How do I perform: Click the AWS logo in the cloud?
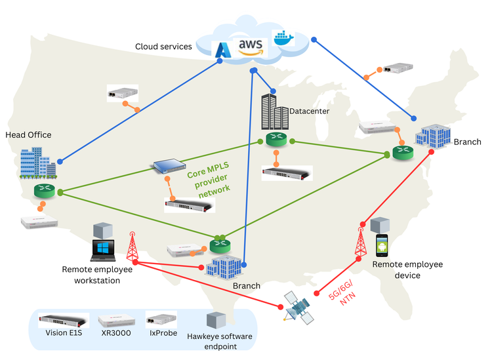pyautogui.click(x=250, y=45)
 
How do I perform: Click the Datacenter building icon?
pyautogui.click(x=274, y=111)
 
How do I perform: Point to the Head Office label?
pyautogui.click(x=28, y=135)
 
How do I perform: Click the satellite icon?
pyautogui.click(x=297, y=307)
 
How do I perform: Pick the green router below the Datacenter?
pyautogui.click(x=277, y=139)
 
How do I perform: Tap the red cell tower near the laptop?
pyautogui.click(x=133, y=246)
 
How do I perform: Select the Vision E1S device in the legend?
pyautogui.click(x=63, y=321)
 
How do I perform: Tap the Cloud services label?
pyautogui.click(x=163, y=47)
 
